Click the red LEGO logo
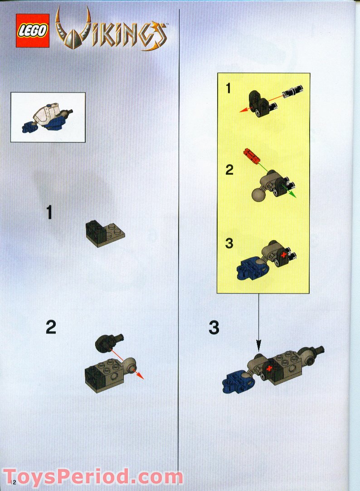pos(33,31)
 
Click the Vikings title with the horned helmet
pos(111,31)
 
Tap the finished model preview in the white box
pos(48,117)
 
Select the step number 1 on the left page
pos(49,212)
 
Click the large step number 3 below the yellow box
pos(214,328)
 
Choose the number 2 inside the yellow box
pos(229,170)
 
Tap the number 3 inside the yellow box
pos(229,243)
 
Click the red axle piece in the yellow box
pos(252,156)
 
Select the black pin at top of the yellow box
pos(293,91)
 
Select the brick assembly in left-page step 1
pos(105,233)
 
